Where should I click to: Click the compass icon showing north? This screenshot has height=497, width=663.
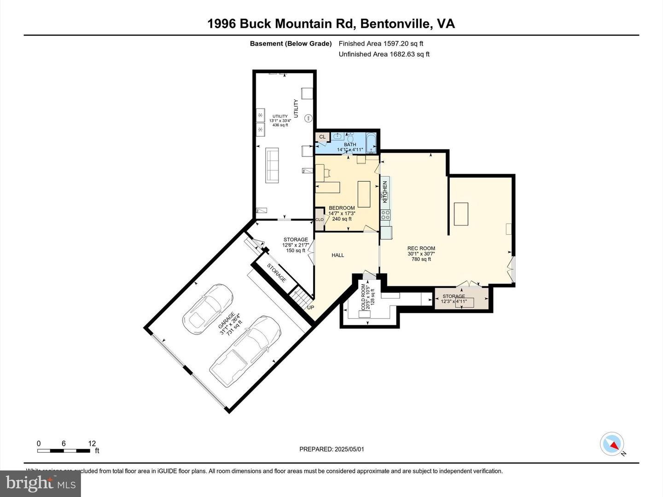tap(611, 444)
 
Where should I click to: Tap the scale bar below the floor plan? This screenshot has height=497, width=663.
tap(64, 451)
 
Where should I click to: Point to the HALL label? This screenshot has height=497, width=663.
tap(337, 255)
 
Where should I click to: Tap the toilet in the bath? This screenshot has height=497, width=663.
tap(351, 138)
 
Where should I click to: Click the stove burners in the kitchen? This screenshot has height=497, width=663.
tap(385, 214)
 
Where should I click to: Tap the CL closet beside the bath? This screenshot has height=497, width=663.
tap(322, 137)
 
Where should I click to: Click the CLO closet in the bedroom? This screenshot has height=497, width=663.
tap(319, 220)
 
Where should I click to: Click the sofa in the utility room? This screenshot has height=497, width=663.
tap(272, 166)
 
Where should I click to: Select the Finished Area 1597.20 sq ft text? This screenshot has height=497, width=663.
tap(381, 44)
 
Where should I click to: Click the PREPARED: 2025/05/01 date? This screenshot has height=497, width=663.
tap(331, 449)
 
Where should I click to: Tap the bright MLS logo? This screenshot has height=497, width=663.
tap(41, 483)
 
